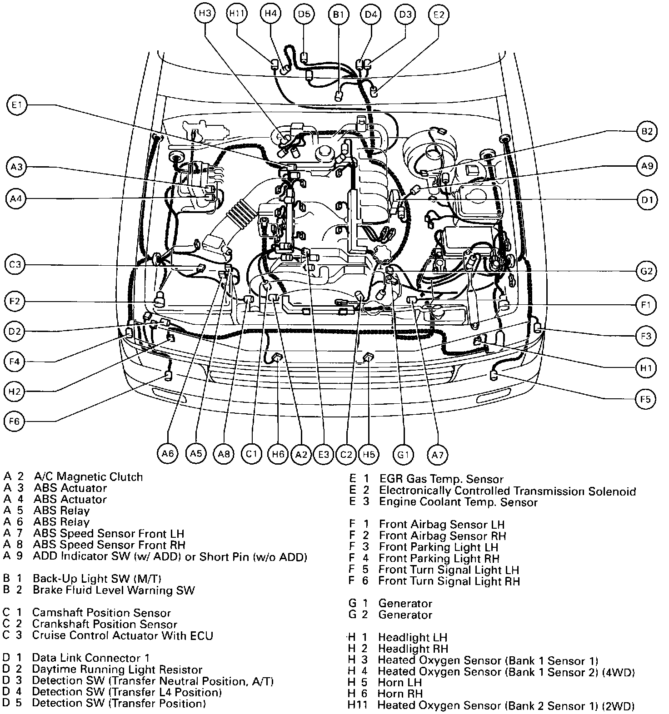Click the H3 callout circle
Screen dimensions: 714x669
click(205, 14)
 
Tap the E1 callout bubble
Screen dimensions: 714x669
click(17, 106)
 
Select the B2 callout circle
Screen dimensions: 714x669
click(646, 132)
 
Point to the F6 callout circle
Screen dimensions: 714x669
click(15, 421)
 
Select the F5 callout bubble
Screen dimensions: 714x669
click(645, 399)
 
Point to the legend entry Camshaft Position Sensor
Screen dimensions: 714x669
click(101, 613)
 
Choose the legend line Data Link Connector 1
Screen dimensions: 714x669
click(90, 658)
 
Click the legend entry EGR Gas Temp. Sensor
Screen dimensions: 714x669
click(441, 479)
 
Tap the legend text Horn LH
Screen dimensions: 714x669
click(400, 682)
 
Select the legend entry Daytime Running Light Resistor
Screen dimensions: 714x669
click(117, 669)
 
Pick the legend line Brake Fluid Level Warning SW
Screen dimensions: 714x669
click(113, 590)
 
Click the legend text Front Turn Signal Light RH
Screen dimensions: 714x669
click(449, 581)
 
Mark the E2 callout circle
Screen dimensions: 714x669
click(439, 14)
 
